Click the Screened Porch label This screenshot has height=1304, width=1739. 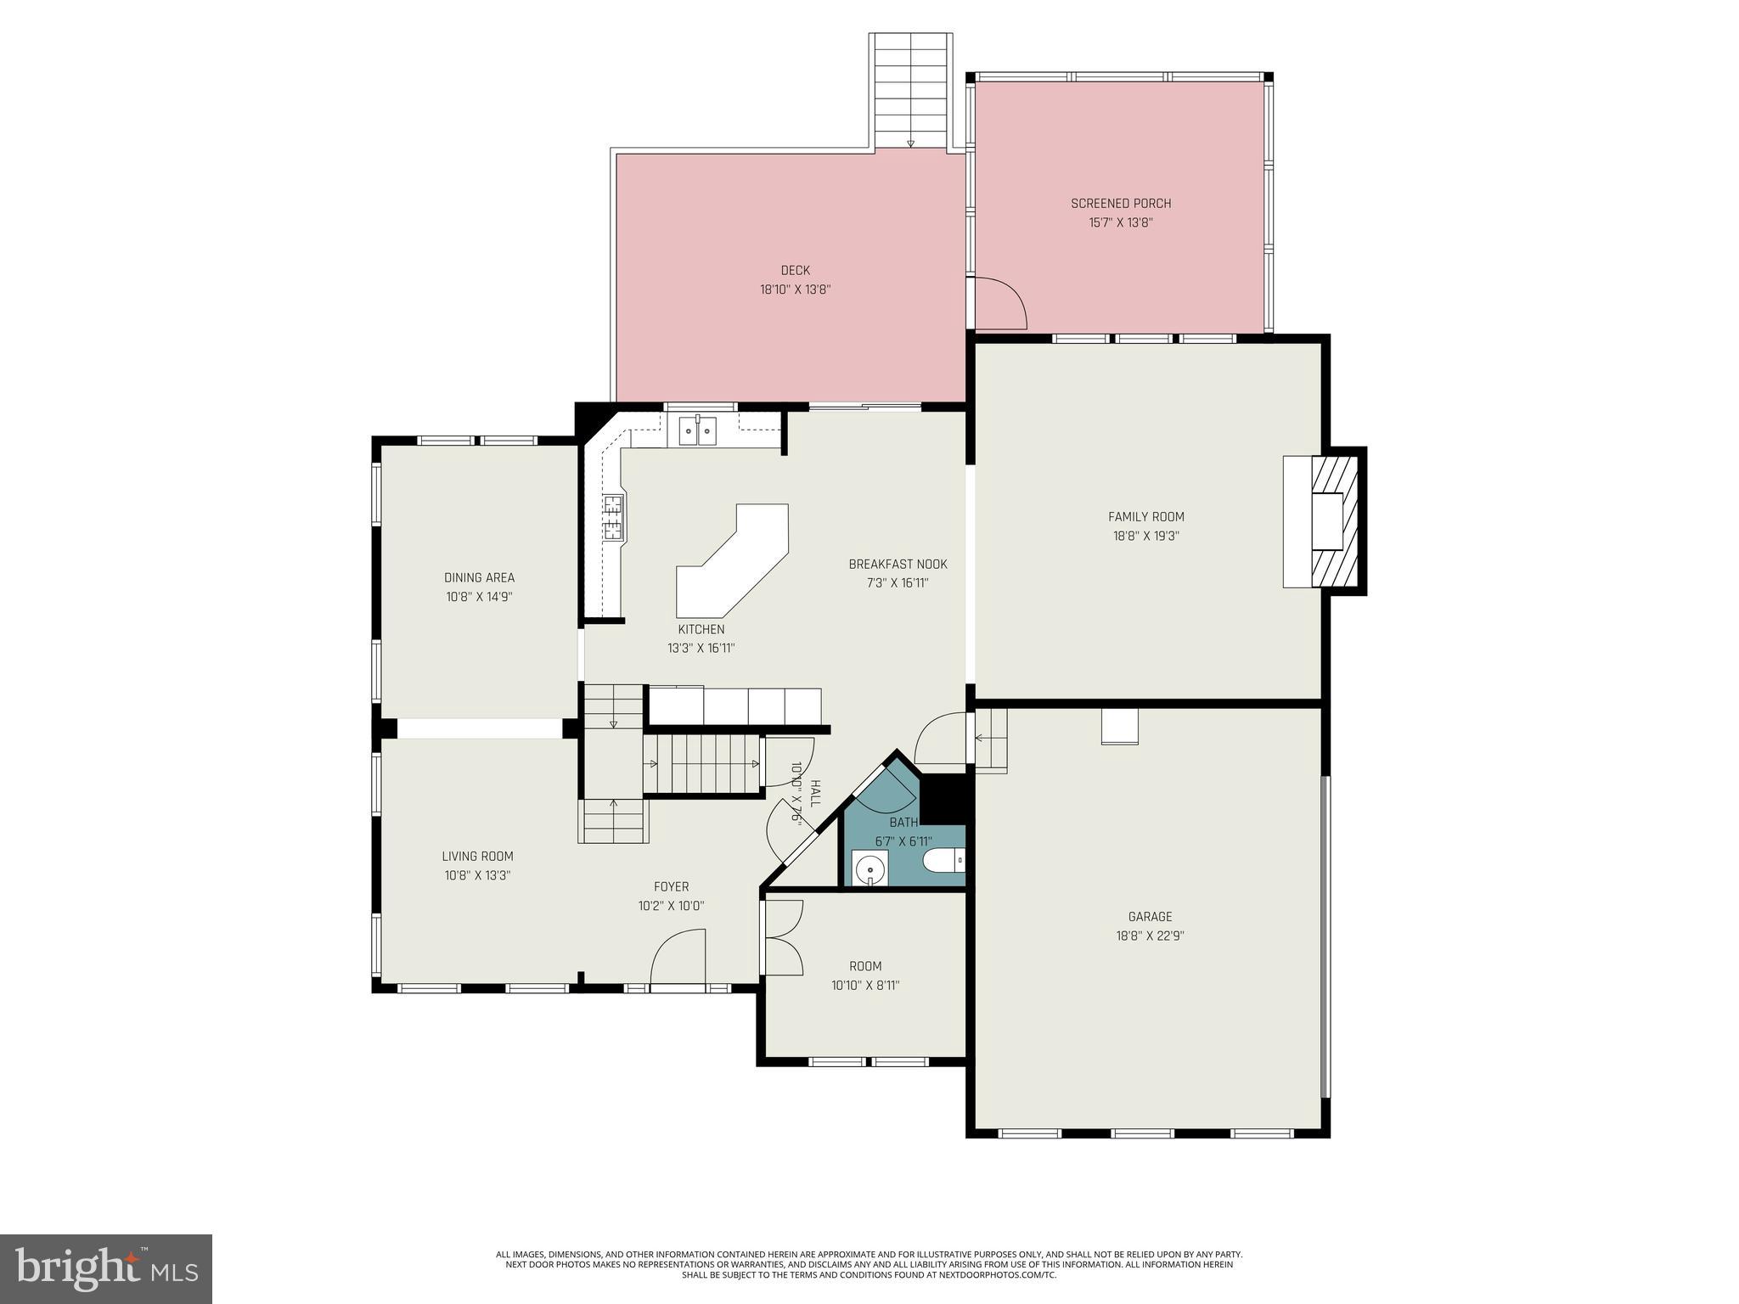(1121, 204)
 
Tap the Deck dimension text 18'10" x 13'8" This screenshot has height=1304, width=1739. (795, 289)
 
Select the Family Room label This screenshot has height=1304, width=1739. (1145, 516)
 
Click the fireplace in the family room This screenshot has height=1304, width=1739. (1326, 522)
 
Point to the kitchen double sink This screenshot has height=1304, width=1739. (697, 430)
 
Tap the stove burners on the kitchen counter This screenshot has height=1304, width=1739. (612, 518)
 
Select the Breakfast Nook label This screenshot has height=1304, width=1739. (898, 564)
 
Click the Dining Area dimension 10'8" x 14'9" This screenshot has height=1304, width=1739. (479, 597)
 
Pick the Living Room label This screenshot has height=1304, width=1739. (477, 857)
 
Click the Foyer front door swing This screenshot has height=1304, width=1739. (678, 958)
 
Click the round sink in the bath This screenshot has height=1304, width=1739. (869, 869)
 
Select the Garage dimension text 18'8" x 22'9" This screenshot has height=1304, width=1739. (1150, 936)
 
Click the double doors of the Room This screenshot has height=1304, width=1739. (783, 937)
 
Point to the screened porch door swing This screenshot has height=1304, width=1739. (1000, 303)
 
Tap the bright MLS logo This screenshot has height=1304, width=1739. (106, 1268)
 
